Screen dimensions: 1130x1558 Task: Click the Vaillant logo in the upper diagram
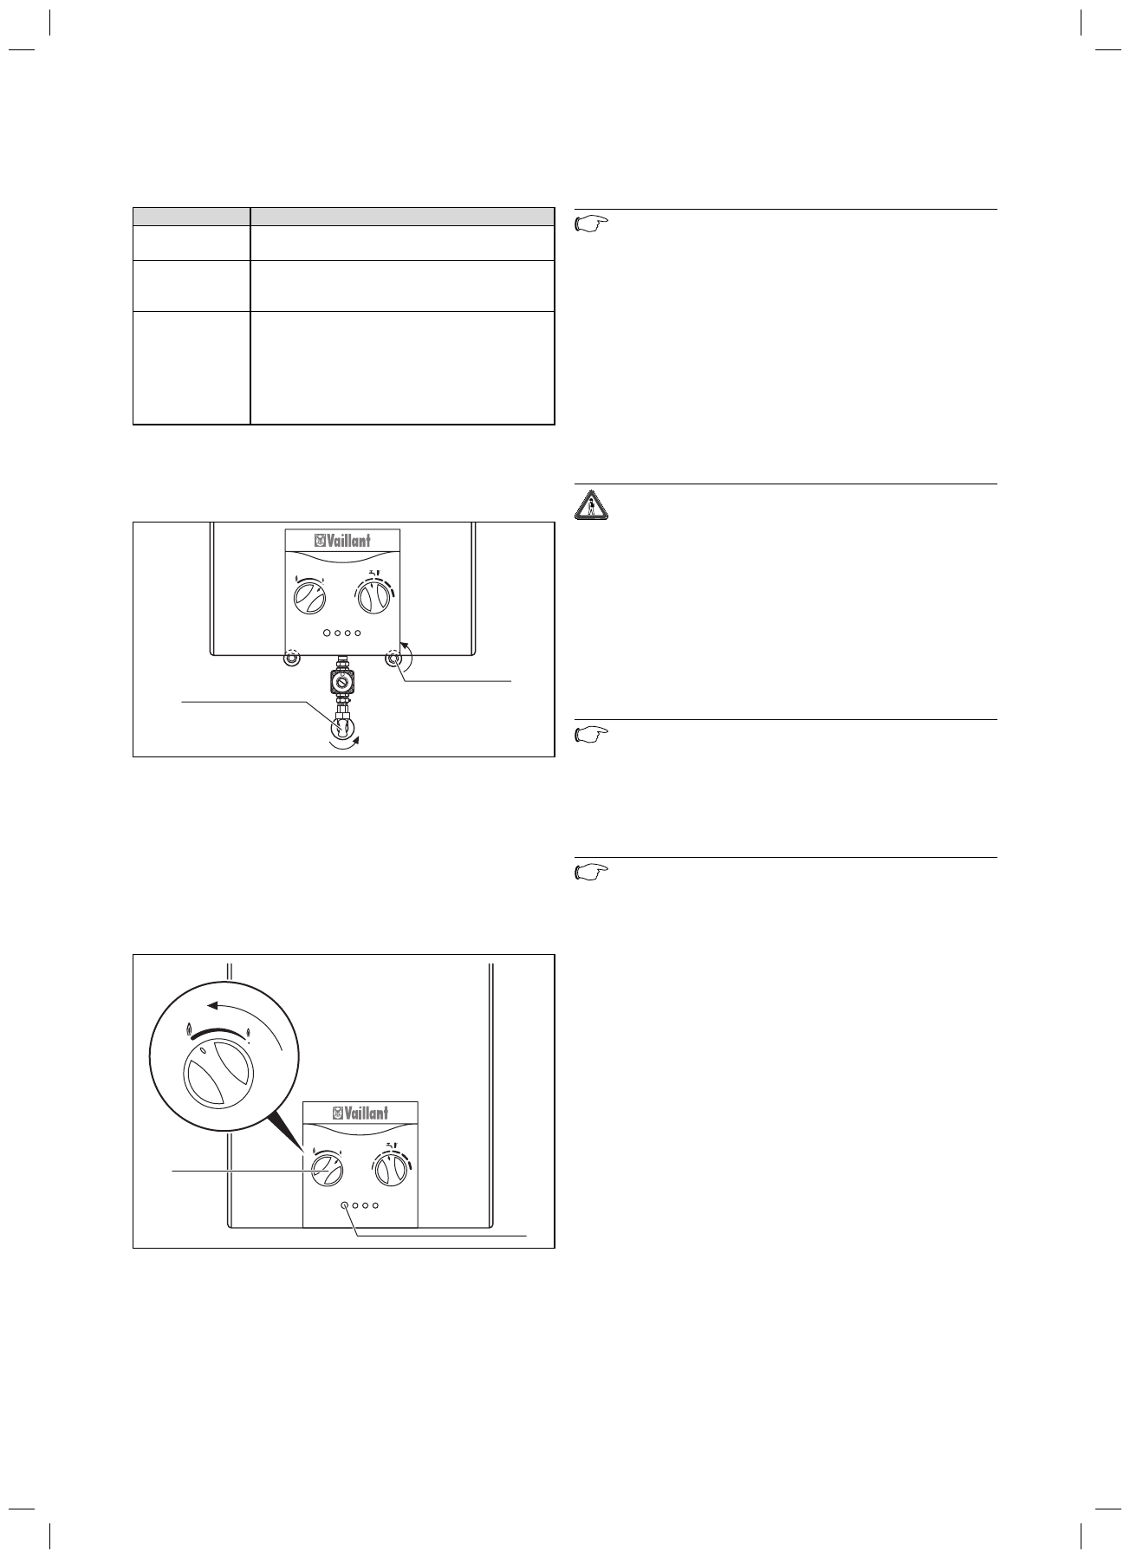342,541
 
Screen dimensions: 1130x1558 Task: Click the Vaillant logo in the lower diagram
360,1113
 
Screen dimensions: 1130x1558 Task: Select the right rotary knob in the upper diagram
373,598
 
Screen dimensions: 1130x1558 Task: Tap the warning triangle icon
592,505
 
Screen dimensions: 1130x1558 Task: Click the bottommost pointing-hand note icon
592,873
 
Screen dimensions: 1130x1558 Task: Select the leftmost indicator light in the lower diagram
345,1205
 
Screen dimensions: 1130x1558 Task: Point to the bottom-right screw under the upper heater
395,659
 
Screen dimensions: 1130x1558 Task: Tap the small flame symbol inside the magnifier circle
250,1032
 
